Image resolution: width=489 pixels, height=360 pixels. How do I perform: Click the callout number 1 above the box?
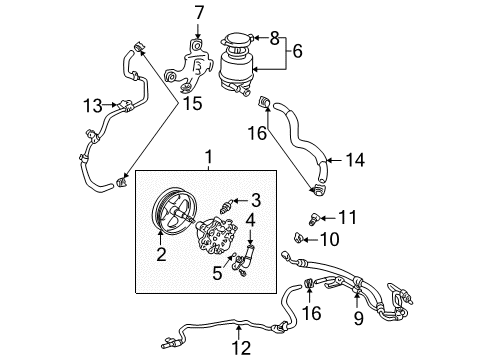(x=209, y=156)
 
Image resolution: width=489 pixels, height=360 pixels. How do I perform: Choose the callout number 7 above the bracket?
(x=199, y=14)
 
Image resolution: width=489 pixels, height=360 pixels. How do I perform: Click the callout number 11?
(x=347, y=216)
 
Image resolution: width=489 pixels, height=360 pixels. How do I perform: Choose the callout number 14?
(x=354, y=158)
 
